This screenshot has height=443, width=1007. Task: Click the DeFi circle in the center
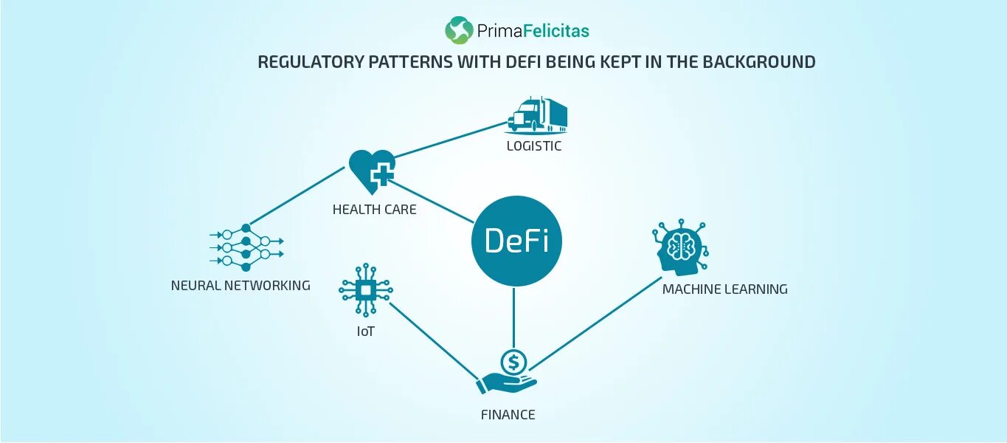516,241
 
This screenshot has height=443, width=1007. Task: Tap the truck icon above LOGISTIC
537,114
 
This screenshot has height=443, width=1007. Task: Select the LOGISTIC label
533,146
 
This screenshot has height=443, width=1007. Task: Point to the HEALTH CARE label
374,210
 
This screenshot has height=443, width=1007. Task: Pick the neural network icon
246,247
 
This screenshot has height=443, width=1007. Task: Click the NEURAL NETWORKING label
240,285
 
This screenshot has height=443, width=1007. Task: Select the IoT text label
365,332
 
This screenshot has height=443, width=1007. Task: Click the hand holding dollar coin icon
508,371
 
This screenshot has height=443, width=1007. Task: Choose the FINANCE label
508,415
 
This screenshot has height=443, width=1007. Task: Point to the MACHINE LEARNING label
724,289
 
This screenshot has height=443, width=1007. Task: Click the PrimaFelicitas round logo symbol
459,30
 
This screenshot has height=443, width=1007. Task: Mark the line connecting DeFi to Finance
514,317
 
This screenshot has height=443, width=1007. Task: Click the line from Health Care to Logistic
450,140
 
